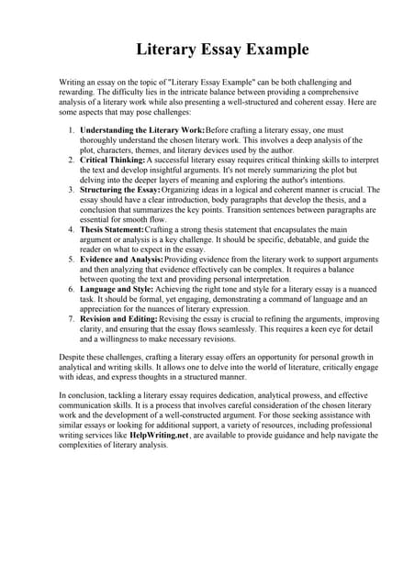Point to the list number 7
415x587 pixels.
point(73,318)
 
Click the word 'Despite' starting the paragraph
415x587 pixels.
point(73,357)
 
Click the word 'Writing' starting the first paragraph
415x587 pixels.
point(74,82)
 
